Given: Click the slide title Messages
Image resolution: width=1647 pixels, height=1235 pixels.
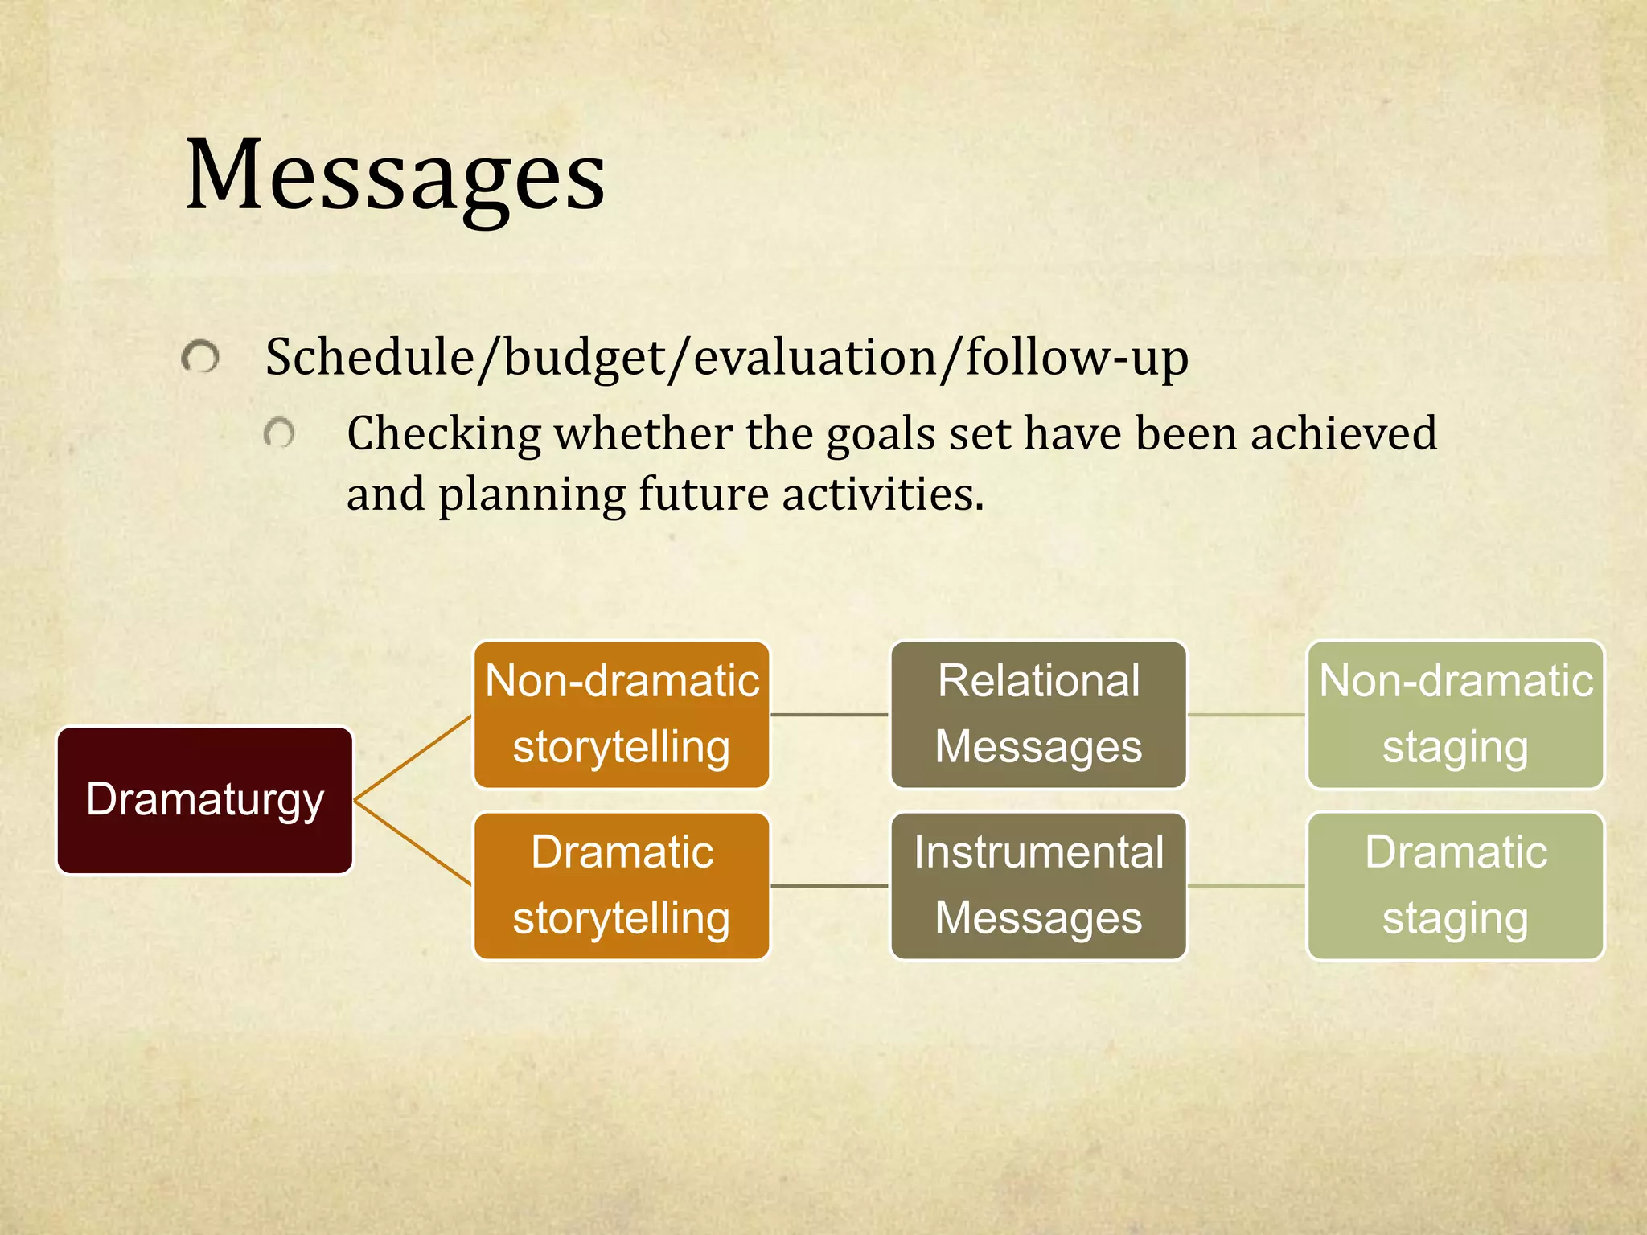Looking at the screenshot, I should tap(394, 175).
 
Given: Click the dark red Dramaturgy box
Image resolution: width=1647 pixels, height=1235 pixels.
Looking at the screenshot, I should tap(205, 800).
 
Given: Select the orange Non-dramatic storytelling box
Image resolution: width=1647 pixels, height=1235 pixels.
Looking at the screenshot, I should tap(622, 714).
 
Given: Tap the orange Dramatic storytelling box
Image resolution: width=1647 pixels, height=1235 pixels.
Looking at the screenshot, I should tap(622, 885).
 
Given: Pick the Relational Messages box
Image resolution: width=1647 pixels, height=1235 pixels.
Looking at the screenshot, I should tap(1038, 714).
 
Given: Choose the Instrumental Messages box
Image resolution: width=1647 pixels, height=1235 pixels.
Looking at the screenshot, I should tap(1038, 885).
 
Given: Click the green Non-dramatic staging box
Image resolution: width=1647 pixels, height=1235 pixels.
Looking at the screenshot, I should tap(1456, 714).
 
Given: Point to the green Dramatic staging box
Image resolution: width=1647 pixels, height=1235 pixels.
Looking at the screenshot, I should tap(1456, 885).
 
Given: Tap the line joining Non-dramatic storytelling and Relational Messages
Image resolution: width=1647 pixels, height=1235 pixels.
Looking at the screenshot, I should tap(830, 714).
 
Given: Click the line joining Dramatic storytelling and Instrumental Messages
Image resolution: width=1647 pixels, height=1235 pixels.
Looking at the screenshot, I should tap(830, 886).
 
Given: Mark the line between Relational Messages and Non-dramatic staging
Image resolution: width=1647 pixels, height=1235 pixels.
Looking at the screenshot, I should tap(1247, 714).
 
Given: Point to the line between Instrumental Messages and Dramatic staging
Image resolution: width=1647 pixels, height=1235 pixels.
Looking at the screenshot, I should tap(1247, 886).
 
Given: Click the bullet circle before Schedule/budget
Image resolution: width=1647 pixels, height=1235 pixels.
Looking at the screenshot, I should tap(200, 357).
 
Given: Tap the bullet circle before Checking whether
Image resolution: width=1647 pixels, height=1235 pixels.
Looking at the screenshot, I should tap(279, 434).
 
